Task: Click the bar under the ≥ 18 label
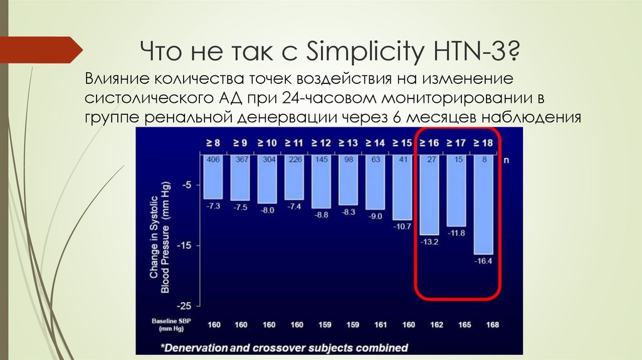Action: [483, 207]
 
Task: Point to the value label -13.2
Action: [429, 241]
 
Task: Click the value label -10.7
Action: [403, 226]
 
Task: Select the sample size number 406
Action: [213, 160]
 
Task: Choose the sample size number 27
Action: [429, 160]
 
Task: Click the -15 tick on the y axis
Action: [186, 245]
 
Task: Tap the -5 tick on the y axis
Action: [187, 185]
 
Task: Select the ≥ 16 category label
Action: [429, 144]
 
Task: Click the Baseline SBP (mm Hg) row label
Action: [168, 325]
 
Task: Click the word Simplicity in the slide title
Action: [360, 51]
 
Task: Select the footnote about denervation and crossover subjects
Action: [284, 347]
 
